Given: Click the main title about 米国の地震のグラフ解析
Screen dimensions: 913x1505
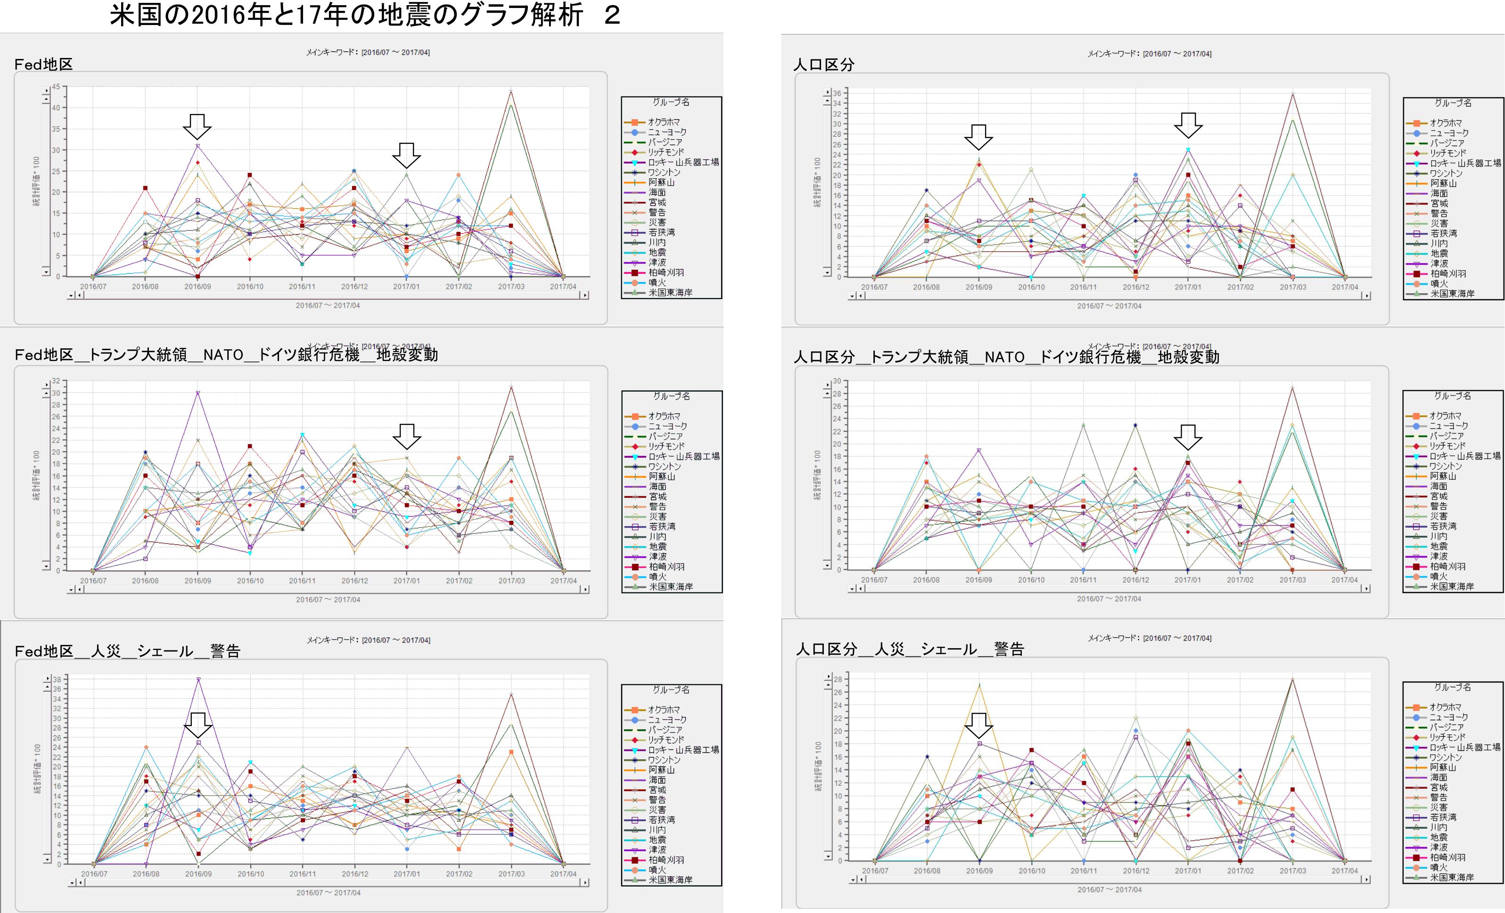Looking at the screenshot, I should click(x=365, y=15).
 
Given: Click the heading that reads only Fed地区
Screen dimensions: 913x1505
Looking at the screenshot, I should click(x=43, y=65).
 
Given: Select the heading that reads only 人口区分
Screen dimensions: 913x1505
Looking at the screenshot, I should click(x=823, y=65).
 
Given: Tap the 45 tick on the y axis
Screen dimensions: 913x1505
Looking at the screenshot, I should click(x=56, y=87).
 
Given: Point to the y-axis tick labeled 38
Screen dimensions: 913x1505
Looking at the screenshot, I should click(x=56, y=679).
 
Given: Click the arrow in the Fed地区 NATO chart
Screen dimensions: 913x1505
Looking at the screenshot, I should click(x=406, y=436).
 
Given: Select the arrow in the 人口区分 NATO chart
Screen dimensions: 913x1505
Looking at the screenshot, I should click(x=1187, y=436).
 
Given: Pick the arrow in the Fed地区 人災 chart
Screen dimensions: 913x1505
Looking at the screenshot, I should click(x=198, y=724).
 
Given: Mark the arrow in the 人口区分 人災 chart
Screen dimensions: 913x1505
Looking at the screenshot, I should click(x=979, y=725).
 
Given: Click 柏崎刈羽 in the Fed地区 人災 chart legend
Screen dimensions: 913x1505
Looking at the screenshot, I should click(x=666, y=860).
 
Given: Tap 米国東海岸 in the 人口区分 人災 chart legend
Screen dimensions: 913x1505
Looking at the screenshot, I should click(x=1452, y=877).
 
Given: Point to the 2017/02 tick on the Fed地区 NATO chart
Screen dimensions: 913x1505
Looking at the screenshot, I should click(x=459, y=581).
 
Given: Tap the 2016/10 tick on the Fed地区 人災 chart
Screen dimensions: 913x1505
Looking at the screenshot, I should click(x=250, y=874).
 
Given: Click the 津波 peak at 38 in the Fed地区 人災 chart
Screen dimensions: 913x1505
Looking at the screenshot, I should click(x=198, y=679).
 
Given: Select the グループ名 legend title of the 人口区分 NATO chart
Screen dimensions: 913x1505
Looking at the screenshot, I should click(x=1453, y=396).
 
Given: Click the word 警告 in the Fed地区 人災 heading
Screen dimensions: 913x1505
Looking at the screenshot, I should click(x=225, y=651).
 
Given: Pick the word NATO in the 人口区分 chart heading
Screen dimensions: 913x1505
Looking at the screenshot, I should click(x=1004, y=357).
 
